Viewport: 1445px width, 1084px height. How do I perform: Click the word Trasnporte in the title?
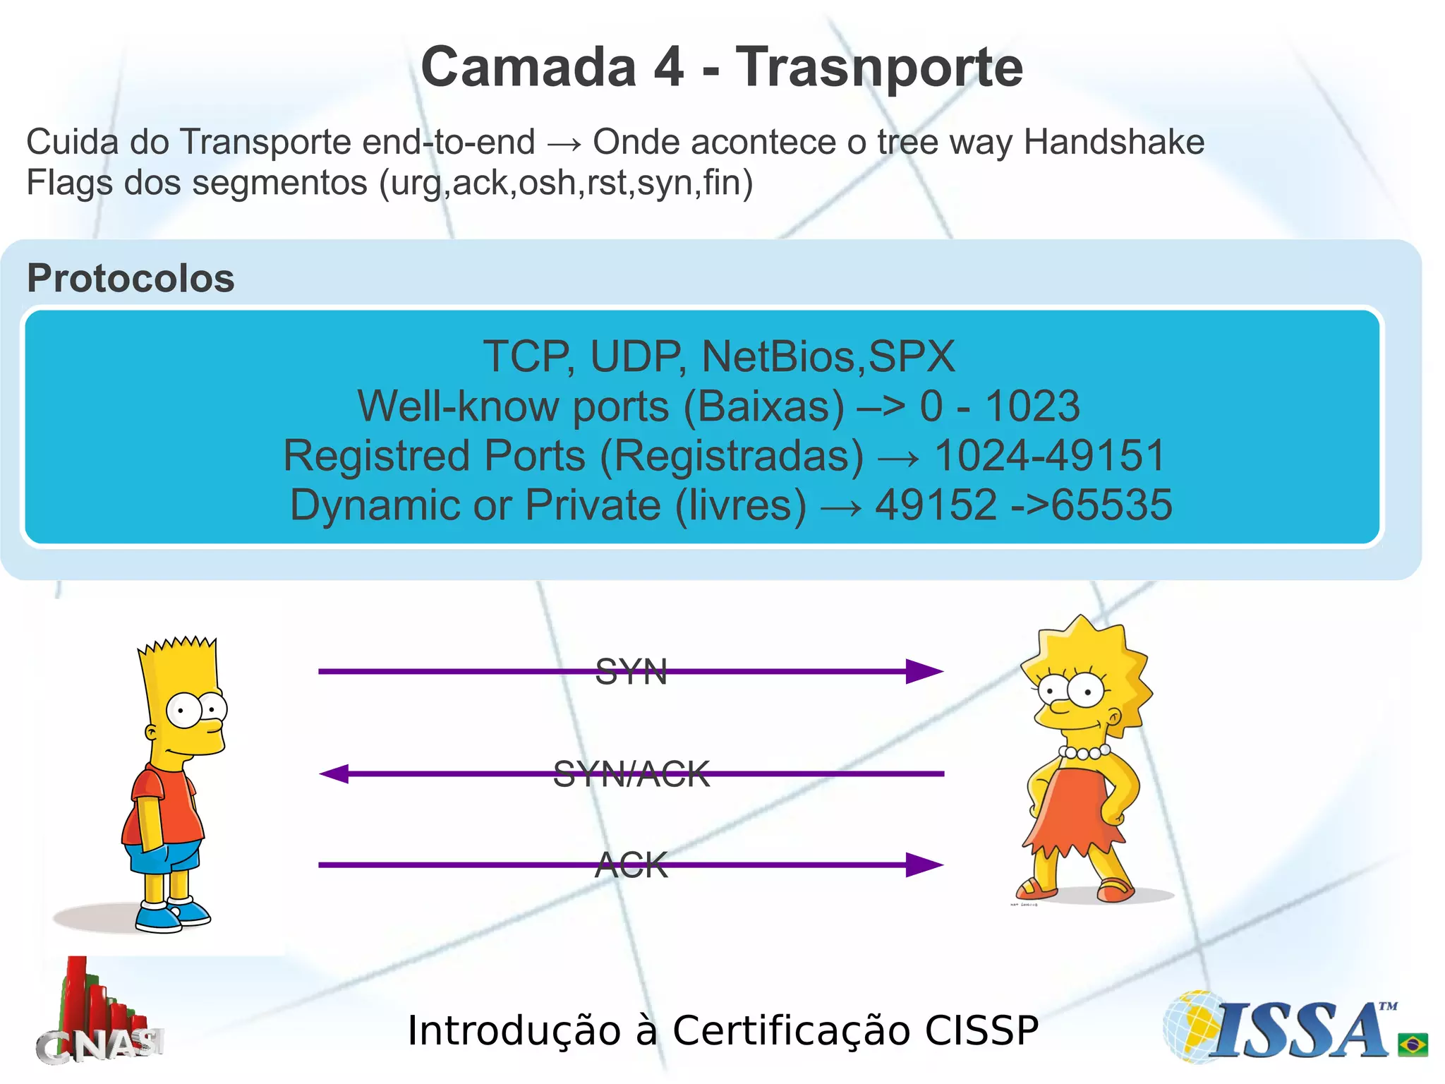[x=879, y=68]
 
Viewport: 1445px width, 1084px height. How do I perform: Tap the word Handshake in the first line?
[x=1113, y=142]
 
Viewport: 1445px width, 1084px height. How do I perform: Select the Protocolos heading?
[x=131, y=278]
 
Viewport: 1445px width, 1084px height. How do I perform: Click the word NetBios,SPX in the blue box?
[x=828, y=356]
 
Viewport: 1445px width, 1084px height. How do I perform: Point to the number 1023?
[x=1032, y=406]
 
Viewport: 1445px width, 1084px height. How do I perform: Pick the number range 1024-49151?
[x=1049, y=456]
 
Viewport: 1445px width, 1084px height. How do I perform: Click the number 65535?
[x=1112, y=505]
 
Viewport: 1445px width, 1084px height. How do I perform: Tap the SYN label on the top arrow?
[x=631, y=671]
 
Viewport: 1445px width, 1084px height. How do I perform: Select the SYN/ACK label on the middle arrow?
[x=631, y=774]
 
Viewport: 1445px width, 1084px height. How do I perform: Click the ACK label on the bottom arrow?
[x=631, y=865]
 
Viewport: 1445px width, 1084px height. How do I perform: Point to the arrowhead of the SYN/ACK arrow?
[x=334, y=774]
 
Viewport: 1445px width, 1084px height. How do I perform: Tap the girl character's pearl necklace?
[x=1084, y=752]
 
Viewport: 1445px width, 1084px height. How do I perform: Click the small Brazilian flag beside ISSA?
[x=1413, y=1044]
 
